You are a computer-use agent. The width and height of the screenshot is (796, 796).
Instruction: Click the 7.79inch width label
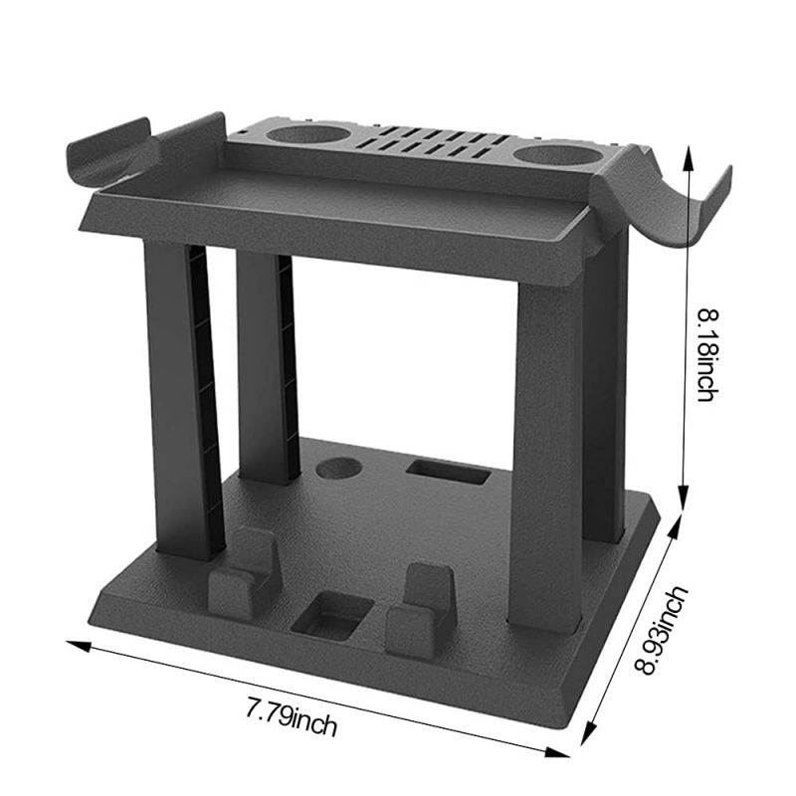coord(292,717)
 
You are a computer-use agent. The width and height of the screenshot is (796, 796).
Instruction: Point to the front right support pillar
coord(544,448)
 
